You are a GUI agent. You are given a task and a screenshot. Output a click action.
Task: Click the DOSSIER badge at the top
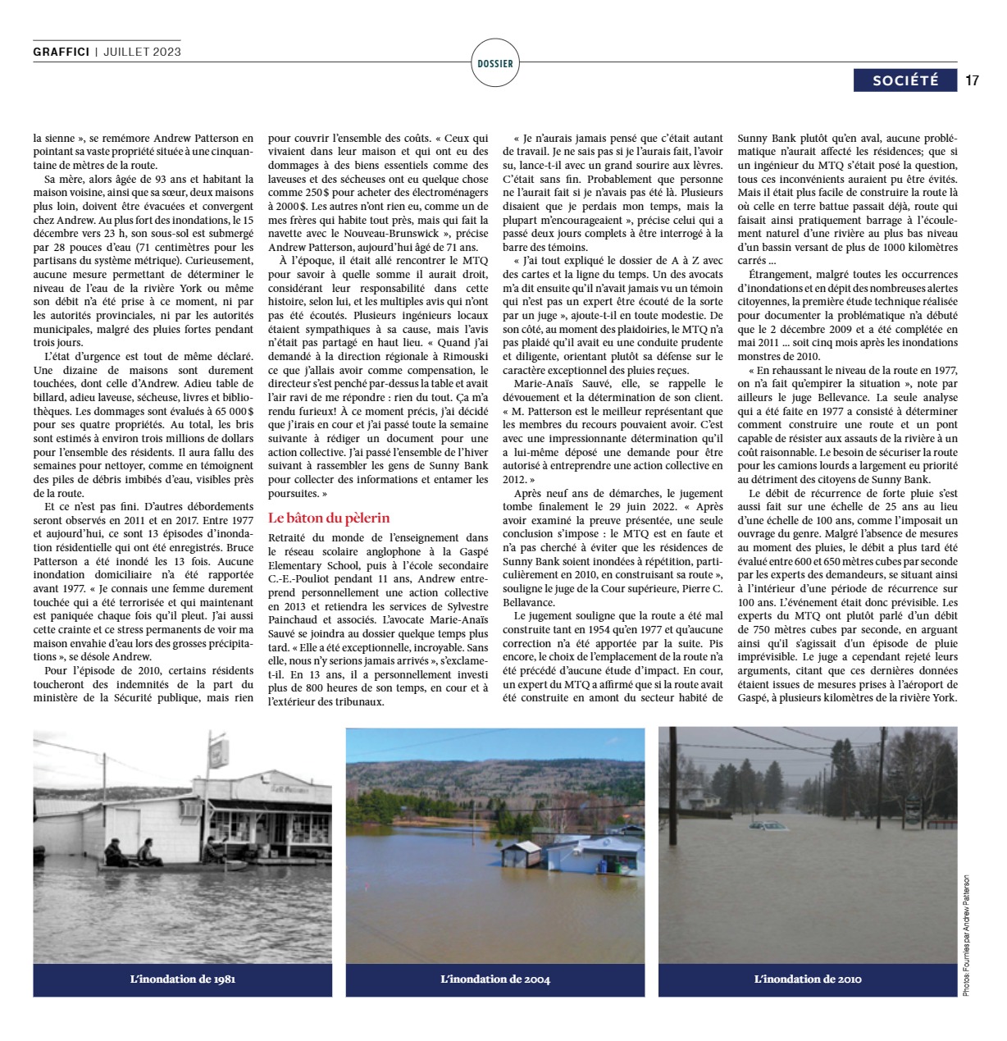coord(494,63)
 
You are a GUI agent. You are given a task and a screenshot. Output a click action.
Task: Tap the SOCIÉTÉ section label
coord(905,80)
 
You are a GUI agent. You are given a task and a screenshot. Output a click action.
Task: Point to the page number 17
coord(973,80)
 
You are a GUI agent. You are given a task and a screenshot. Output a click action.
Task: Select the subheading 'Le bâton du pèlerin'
coord(329,518)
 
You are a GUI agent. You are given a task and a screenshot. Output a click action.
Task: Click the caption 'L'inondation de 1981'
coord(183,979)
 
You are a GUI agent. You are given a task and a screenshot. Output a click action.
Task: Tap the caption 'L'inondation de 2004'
coord(495,979)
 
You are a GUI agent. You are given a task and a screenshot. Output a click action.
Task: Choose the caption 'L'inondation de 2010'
coord(808,979)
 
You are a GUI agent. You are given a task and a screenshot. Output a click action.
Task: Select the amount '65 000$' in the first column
coord(232,412)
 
